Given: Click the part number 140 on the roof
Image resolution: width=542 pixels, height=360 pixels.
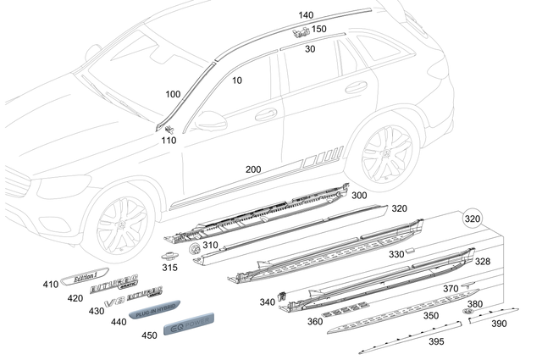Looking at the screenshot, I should [x=306, y=15].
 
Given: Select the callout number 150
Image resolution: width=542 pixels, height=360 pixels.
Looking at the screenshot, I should [x=318, y=29].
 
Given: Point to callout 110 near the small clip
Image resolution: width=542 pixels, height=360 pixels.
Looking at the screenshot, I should [x=169, y=140].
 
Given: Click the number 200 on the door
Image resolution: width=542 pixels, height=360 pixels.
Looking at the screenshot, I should [x=253, y=169].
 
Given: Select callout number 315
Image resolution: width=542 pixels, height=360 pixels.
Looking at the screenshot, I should [x=170, y=268].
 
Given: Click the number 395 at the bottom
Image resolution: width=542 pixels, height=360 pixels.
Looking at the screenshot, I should [x=436, y=341].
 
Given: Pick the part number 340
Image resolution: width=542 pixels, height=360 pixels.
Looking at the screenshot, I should [x=267, y=302].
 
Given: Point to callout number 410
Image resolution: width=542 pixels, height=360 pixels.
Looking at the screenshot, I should [x=51, y=285].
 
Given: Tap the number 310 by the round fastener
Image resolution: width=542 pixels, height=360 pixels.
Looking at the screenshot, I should [x=209, y=246].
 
